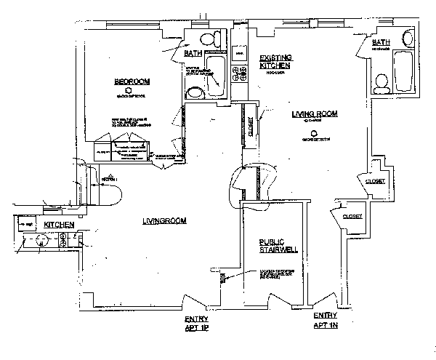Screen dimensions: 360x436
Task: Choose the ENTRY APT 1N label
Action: click(x=325, y=320)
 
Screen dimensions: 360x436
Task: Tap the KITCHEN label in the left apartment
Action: click(x=58, y=225)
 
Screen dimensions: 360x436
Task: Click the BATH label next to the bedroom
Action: click(x=192, y=53)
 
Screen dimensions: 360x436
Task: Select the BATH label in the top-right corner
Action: click(x=380, y=43)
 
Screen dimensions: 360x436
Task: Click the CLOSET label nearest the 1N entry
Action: click(x=352, y=216)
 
